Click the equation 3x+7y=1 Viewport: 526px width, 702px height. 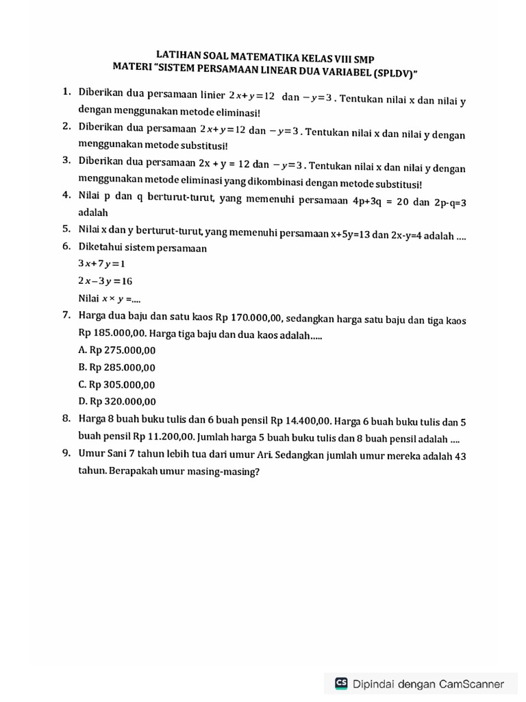coord(102,264)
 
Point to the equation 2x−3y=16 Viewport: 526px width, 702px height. coord(105,281)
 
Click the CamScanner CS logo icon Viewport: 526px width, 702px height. coord(341,683)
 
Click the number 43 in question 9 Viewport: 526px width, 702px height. coord(460,457)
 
